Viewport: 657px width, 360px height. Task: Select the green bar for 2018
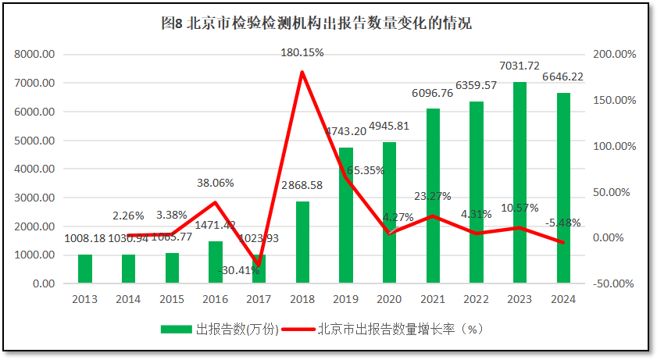(x=302, y=242)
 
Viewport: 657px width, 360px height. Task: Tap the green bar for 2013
(x=85, y=269)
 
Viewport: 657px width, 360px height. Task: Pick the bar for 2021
(x=433, y=195)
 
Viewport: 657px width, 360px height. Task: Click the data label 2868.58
(x=302, y=186)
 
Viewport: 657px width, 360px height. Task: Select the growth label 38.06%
(x=215, y=183)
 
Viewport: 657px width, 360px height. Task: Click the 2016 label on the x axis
(x=215, y=299)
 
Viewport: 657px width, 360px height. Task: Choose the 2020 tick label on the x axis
(x=389, y=299)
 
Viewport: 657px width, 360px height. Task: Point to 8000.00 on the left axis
(x=34, y=55)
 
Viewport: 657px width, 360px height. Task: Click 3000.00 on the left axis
(x=34, y=198)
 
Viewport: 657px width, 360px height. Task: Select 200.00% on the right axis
(x=615, y=55)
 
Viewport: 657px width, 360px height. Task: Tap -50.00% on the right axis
(x=613, y=283)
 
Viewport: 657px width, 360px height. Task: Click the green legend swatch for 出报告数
(x=176, y=330)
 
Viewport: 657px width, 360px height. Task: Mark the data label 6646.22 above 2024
(x=562, y=77)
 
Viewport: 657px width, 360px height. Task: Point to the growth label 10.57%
(x=520, y=209)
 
